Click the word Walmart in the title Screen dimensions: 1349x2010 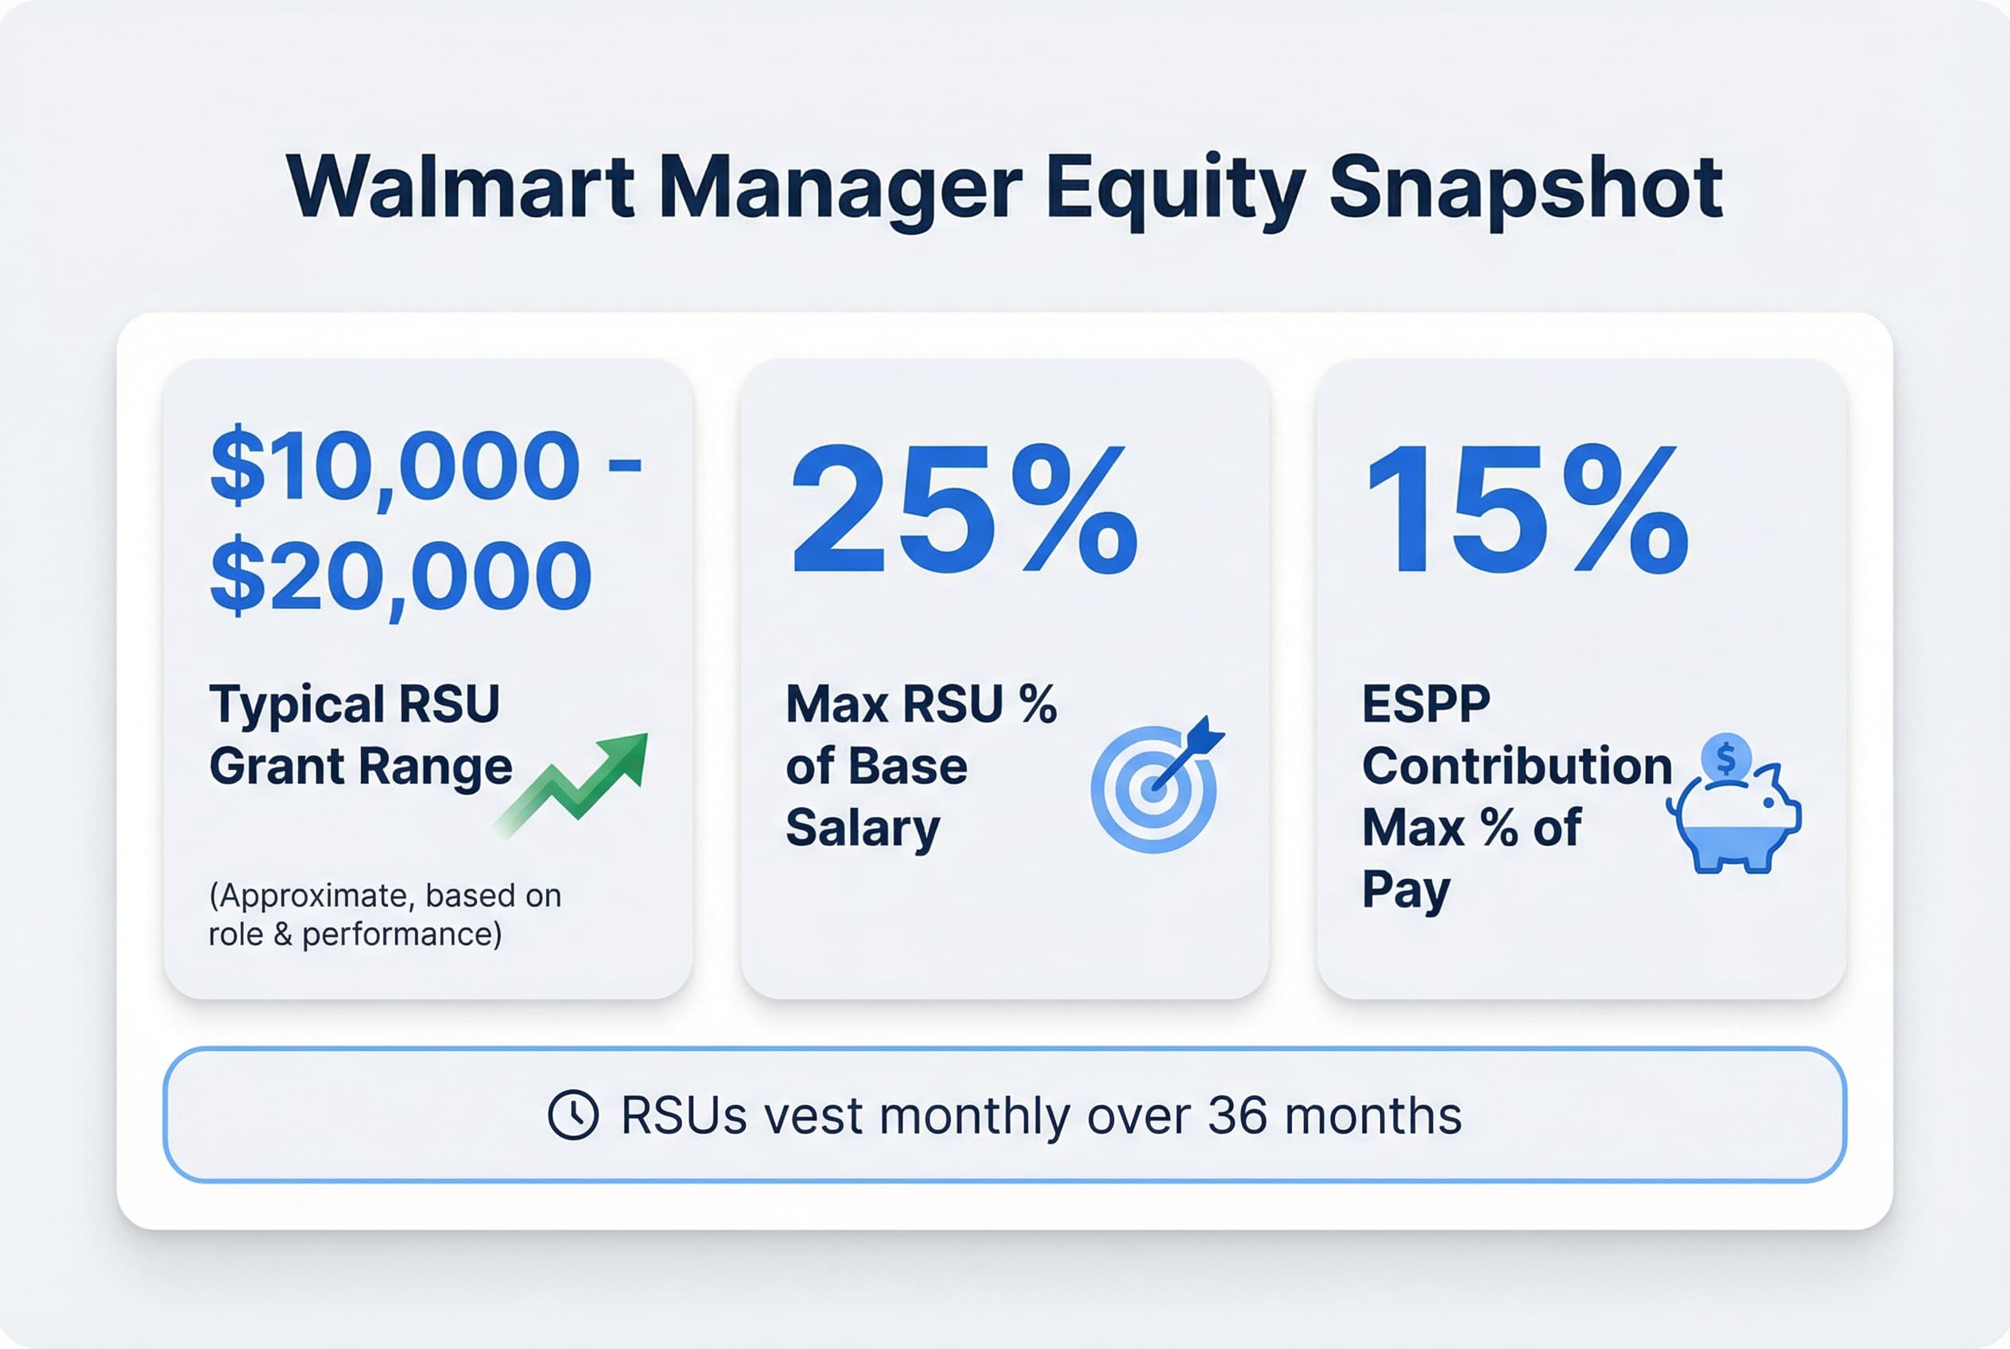point(461,187)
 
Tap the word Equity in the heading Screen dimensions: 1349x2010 point(1175,189)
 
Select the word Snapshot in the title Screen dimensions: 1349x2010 point(1526,189)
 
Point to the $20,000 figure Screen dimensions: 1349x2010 point(401,575)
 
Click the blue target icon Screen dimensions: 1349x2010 point(1155,787)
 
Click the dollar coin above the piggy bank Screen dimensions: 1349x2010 point(1725,758)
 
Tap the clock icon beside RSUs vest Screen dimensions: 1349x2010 point(572,1115)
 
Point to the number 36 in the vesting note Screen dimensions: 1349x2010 point(1237,1116)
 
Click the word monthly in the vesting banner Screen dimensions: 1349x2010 point(976,1117)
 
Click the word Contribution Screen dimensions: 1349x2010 point(1517,766)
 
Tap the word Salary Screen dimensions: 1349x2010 point(863,828)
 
